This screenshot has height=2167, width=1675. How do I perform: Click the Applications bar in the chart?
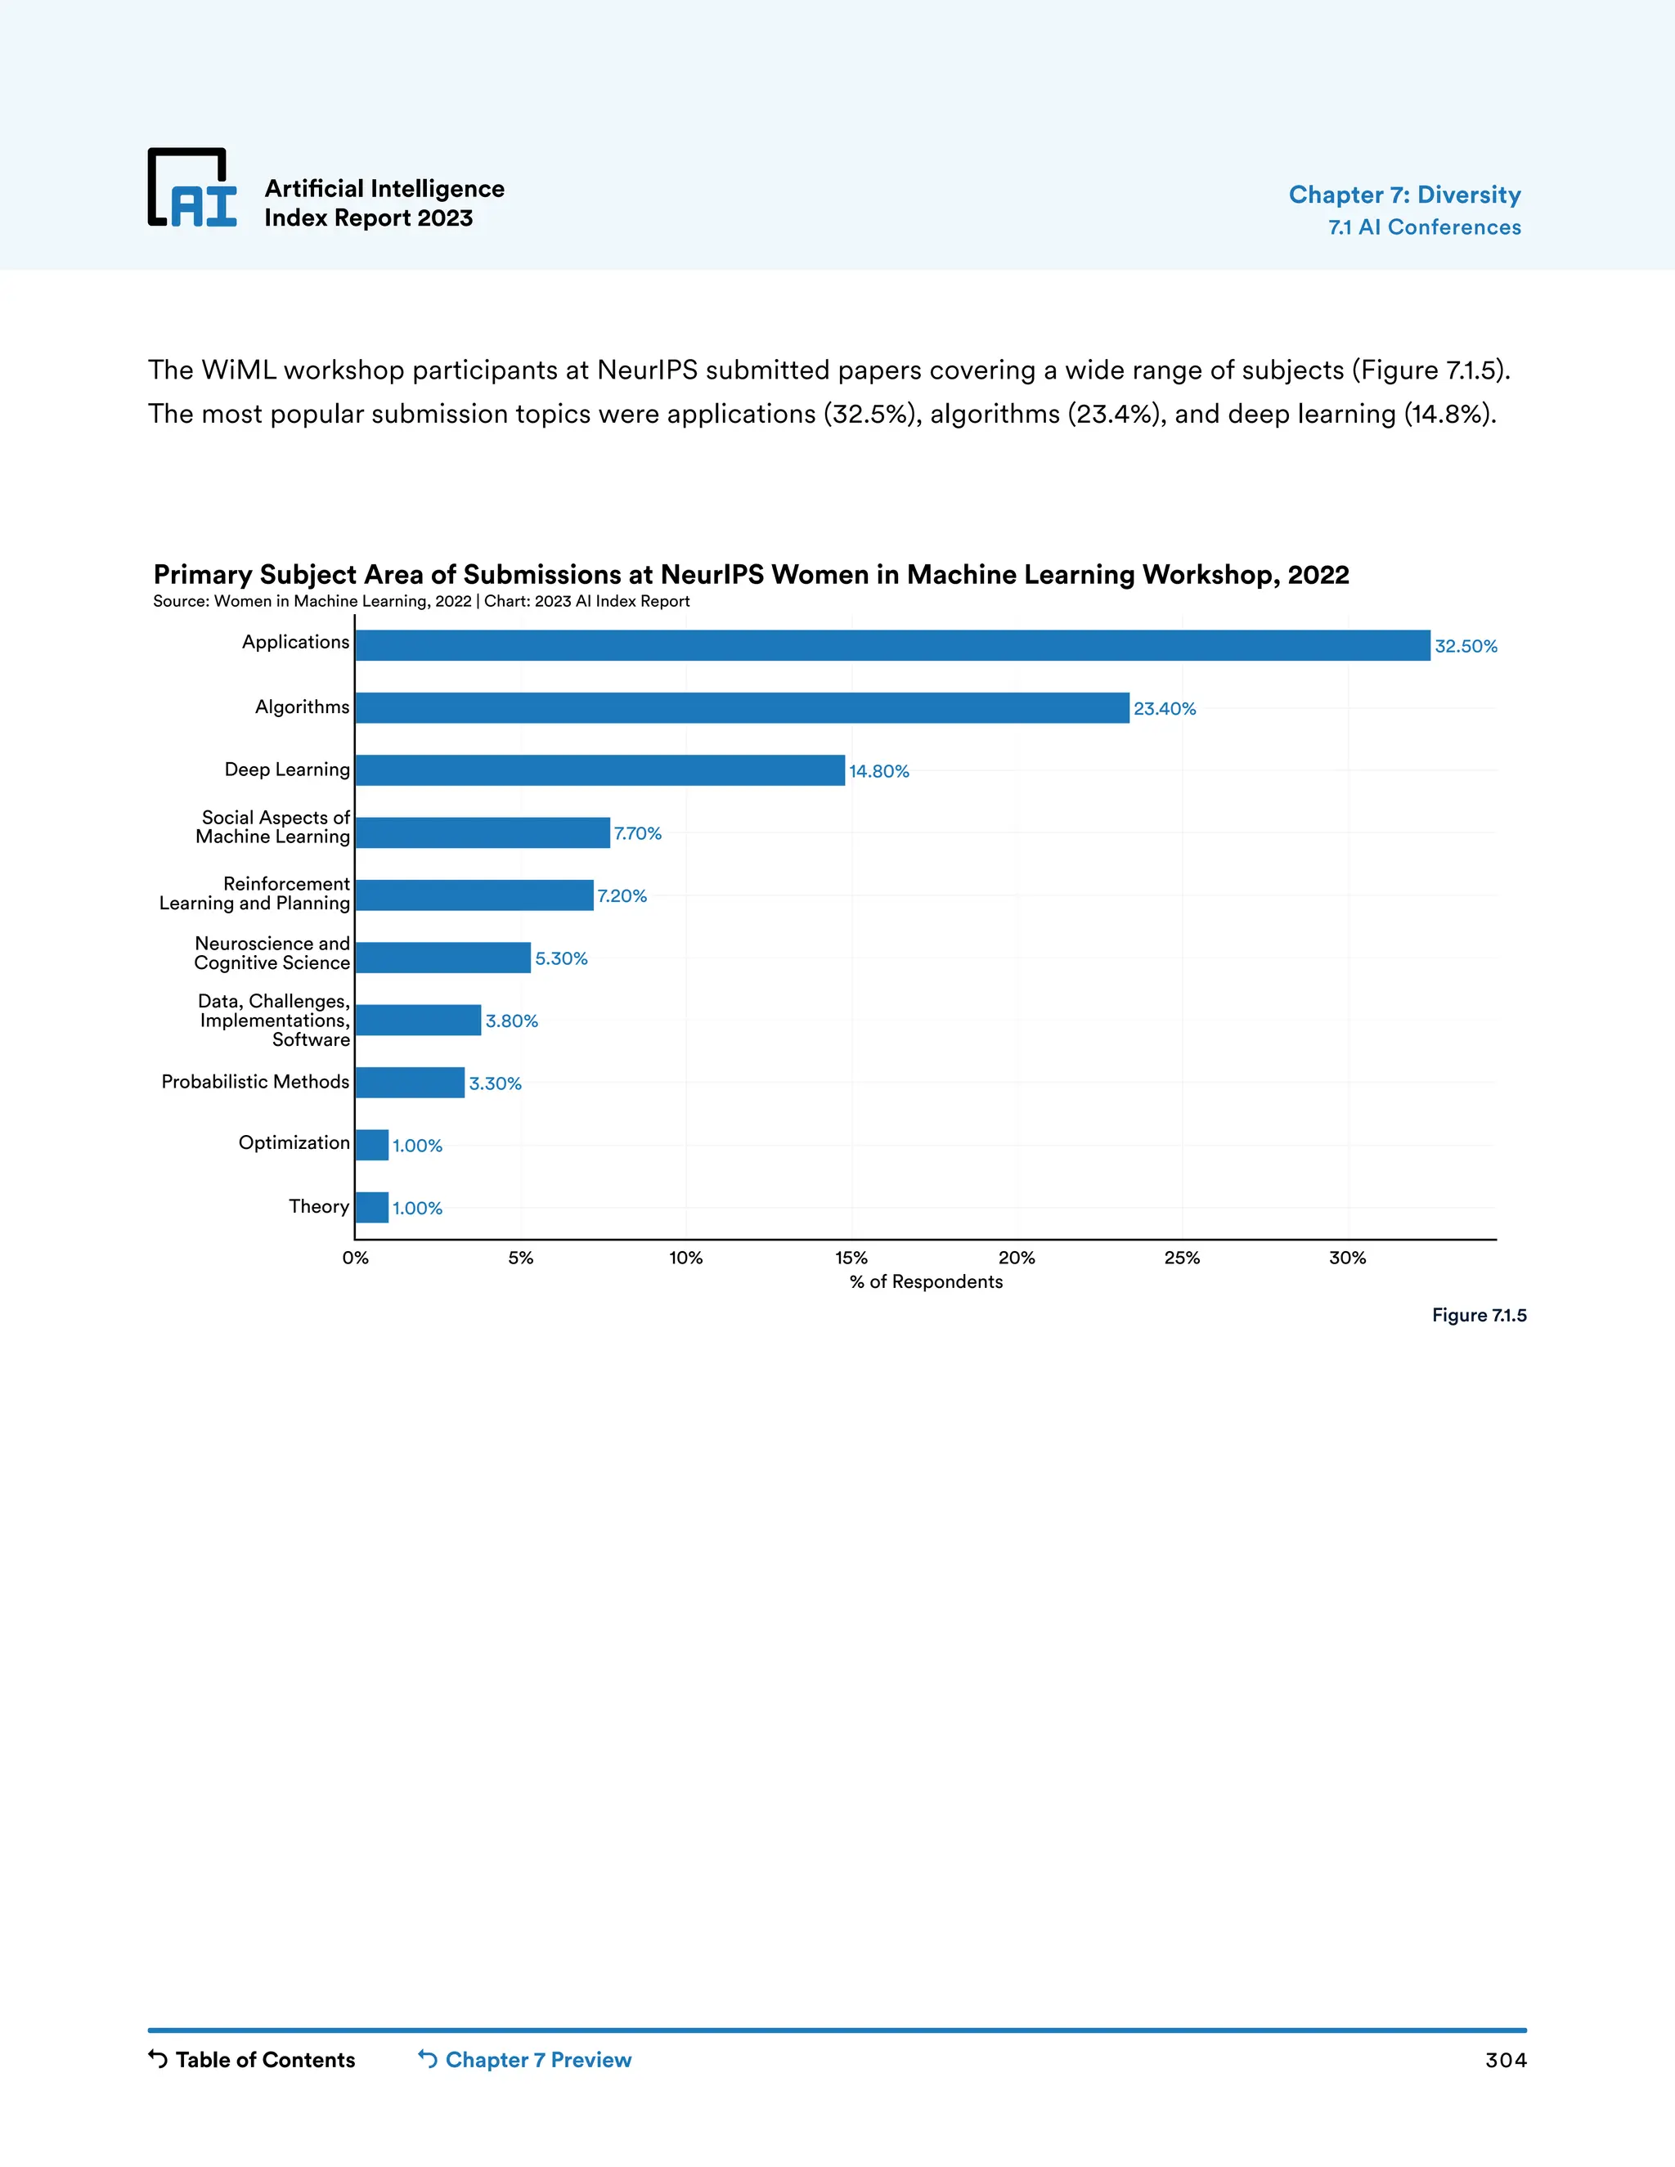(892, 645)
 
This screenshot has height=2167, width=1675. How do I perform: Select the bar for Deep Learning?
(599, 770)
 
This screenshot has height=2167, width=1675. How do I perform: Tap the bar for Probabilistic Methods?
(410, 1083)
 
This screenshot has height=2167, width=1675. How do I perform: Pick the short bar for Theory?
(372, 1208)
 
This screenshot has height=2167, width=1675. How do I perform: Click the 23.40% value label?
(1164, 708)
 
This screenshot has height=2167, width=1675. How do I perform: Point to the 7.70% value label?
(637, 833)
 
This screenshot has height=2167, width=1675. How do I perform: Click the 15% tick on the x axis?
(851, 1258)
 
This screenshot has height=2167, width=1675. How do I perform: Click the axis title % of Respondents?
(926, 1282)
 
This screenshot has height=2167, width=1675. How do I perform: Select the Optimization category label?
(294, 1143)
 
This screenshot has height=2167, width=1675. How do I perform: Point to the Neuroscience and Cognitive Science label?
(272, 953)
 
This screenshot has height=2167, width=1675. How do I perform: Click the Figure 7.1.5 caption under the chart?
(1479, 1316)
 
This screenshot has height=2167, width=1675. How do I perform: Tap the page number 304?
(1506, 2061)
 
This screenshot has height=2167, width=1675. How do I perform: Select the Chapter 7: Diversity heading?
(1404, 195)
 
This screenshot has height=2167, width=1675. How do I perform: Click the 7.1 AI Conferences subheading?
(1424, 227)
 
